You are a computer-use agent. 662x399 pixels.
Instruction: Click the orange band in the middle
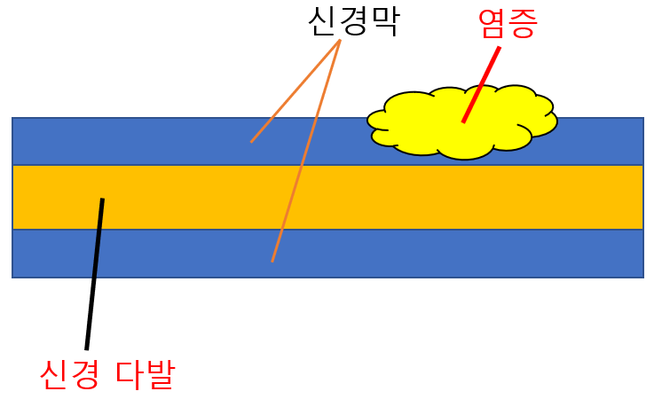pos(355,197)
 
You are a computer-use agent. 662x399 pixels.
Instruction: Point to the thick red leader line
pos(481,84)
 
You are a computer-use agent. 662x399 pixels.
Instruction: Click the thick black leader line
pos(94,275)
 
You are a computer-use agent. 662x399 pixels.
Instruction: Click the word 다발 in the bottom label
pos(146,375)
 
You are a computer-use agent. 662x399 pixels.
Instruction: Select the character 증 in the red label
pos(522,23)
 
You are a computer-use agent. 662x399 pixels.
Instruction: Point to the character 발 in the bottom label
pos(161,375)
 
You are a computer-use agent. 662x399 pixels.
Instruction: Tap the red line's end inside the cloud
pos(463,121)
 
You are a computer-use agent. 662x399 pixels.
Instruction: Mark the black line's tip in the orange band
pos(102,199)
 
